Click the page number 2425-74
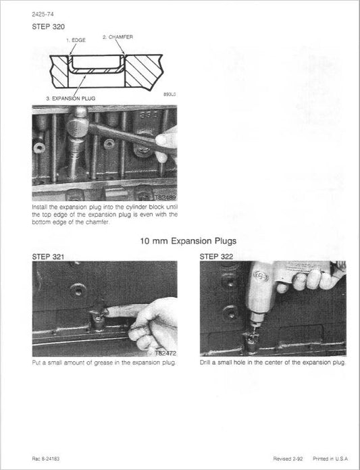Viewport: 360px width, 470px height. (45, 14)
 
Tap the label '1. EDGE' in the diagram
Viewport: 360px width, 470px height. (76, 41)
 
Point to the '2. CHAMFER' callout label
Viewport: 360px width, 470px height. (118, 36)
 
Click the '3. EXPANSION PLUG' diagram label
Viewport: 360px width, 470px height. (70, 98)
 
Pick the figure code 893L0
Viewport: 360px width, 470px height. (170, 95)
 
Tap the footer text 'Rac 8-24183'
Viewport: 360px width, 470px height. (47, 459)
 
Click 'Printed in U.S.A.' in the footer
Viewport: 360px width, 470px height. (331, 459)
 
